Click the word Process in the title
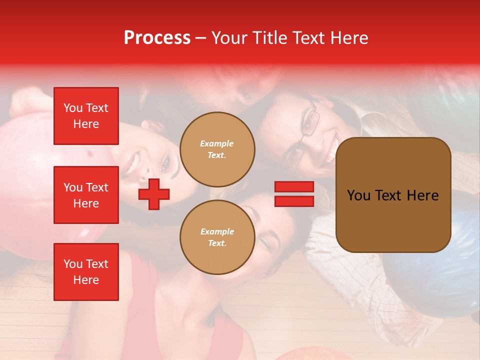pos(157,38)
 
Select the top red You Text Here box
pos(86,116)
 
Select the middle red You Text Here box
pos(86,195)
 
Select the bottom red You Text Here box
pos(86,271)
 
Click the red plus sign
pos(154,194)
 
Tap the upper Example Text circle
pos(217,149)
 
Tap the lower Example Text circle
pos(217,237)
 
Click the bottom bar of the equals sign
pos(294,201)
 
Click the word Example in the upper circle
pos(217,143)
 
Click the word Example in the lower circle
pos(217,231)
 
